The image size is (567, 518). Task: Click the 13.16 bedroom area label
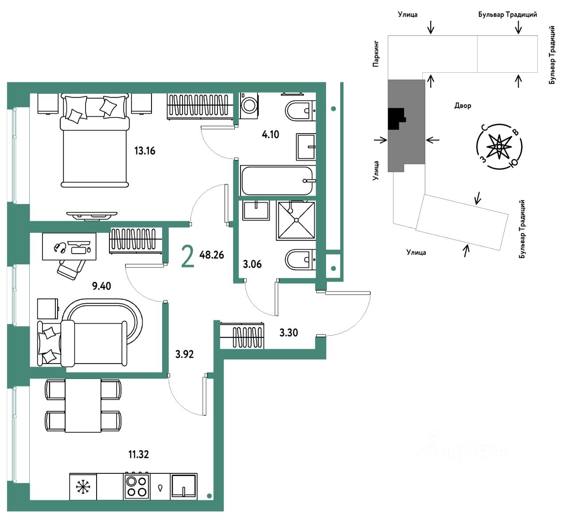click(x=145, y=151)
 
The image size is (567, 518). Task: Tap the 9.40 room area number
click(x=101, y=286)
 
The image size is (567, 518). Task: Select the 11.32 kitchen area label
click(x=139, y=454)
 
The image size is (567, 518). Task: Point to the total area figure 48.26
click(x=211, y=255)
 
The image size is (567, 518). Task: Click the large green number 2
click(x=188, y=256)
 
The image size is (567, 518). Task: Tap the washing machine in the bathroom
click(x=249, y=105)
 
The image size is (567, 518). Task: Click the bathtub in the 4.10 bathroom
click(x=278, y=181)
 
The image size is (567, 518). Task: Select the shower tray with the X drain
click(x=296, y=220)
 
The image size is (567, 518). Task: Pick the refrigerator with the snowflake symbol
click(x=83, y=487)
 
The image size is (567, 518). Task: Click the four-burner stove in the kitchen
click(x=137, y=486)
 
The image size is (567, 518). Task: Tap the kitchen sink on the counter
click(x=184, y=486)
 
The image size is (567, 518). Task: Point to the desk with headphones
click(x=69, y=247)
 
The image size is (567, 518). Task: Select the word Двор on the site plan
click(x=463, y=106)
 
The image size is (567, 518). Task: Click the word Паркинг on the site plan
click(x=376, y=54)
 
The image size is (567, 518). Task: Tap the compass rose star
click(x=499, y=147)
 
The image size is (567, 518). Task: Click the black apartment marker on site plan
click(x=396, y=119)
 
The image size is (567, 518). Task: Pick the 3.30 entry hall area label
click(x=288, y=332)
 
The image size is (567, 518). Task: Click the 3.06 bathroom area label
click(x=252, y=264)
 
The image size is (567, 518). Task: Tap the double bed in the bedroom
click(x=95, y=140)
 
